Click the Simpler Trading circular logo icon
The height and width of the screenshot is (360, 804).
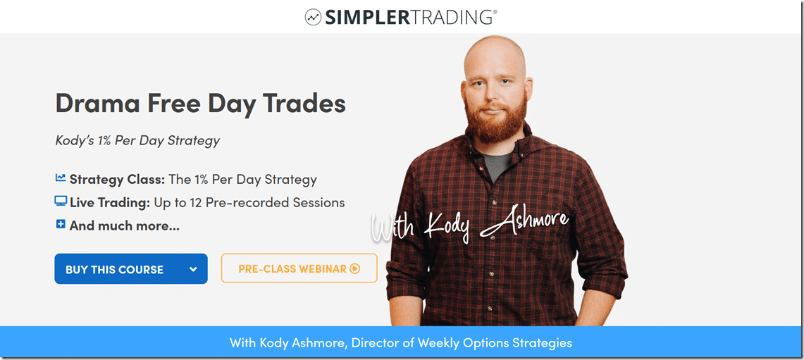pos(314,17)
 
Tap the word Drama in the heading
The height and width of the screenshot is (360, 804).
pos(97,104)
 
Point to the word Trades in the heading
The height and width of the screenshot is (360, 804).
pos(304,104)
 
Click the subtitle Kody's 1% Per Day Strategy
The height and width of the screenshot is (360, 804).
pos(137,140)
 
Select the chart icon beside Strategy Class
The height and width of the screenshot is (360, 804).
pos(61,179)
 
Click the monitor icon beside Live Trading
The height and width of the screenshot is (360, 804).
pos(61,202)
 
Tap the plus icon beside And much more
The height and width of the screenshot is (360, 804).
pos(61,225)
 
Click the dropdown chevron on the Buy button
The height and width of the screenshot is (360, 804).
pos(193,269)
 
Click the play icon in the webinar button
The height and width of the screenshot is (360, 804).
pos(355,268)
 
